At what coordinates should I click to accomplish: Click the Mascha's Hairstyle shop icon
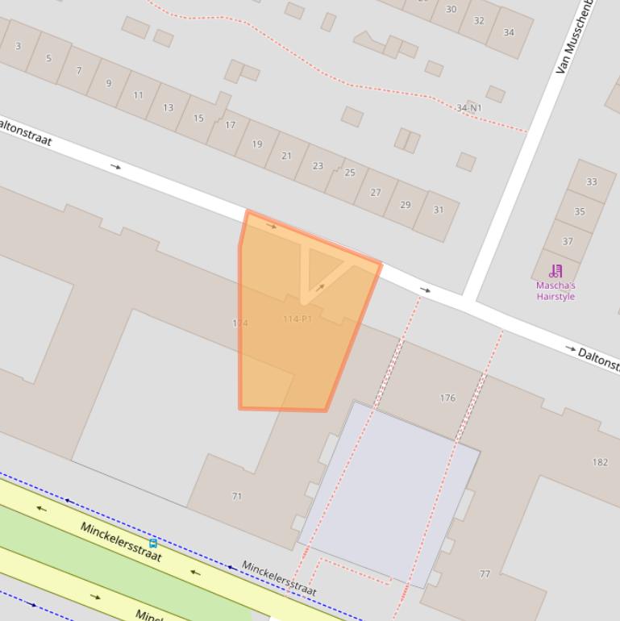[556, 271]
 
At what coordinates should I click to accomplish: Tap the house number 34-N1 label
[468, 108]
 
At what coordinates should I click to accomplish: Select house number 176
[447, 398]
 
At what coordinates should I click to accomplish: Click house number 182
[600, 462]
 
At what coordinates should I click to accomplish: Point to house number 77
[485, 574]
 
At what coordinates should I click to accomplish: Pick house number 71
[236, 496]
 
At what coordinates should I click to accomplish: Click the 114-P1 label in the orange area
[297, 319]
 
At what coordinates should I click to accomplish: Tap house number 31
[439, 210]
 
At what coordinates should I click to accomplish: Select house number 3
[18, 46]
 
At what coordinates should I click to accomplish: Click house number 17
[231, 125]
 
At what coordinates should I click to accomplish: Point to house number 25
[350, 173]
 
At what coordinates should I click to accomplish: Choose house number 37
[568, 241]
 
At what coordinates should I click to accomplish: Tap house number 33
[591, 182]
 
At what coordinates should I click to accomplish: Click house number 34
[509, 32]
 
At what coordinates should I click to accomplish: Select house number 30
[451, 10]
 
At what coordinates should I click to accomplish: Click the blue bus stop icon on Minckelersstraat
[153, 544]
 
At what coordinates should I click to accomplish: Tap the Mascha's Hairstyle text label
[556, 291]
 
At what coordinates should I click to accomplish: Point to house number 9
[109, 83]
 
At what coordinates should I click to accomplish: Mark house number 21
[286, 156]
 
